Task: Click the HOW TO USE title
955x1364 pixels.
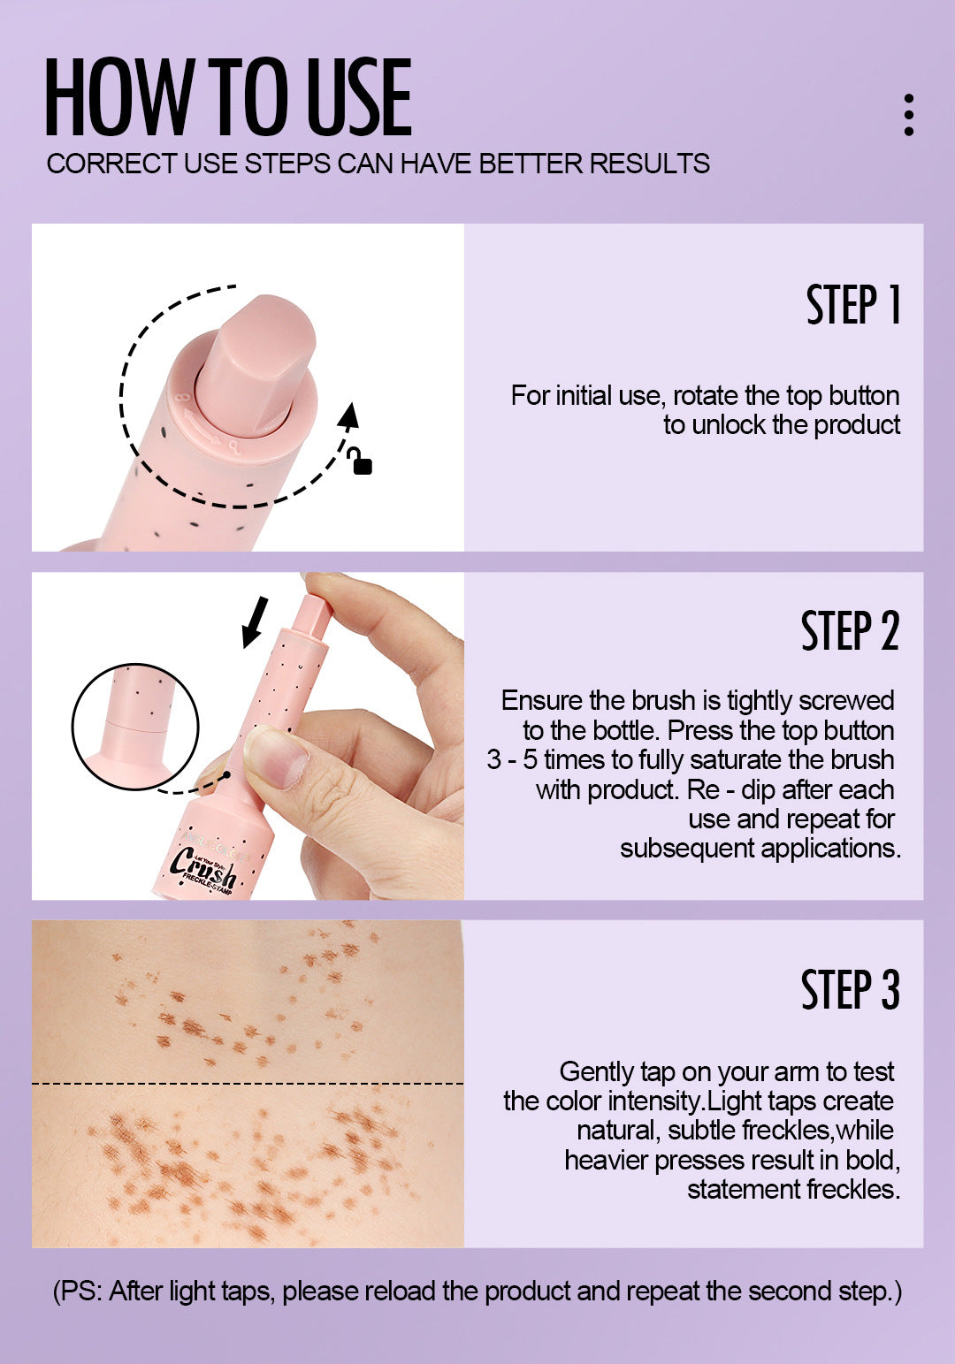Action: (228, 97)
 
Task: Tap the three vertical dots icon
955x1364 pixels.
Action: (908, 115)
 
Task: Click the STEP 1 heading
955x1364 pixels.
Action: (852, 305)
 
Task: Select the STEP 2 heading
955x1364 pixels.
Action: (849, 631)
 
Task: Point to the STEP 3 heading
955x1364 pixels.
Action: (849, 989)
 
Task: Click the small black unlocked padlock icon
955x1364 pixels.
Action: (360, 461)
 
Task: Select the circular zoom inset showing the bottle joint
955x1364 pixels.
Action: (135, 726)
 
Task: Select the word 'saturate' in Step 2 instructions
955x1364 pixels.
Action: (737, 760)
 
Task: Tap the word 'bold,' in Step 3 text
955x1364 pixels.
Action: (872, 1160)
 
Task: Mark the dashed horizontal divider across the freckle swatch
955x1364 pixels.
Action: (248, 1083)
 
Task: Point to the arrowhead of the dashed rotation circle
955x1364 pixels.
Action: (349, 414)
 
